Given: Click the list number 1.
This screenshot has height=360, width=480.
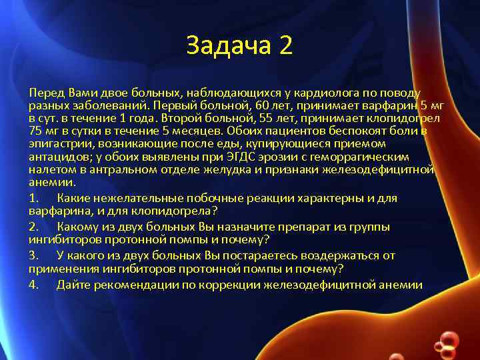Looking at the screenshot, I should click(x=33, y=198).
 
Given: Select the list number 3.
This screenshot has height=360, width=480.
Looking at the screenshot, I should click(x=33, y=255).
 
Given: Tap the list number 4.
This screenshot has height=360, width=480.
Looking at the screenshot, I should click(x=33, y=285).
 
